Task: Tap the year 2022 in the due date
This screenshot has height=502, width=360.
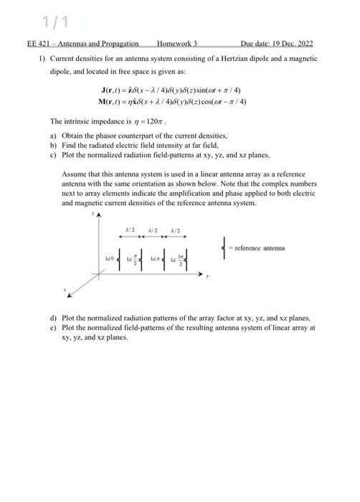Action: (x=304, y=43)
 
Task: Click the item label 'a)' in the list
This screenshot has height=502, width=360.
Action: (x=53, y=135)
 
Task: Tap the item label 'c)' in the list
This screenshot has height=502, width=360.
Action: (x=53, y=154)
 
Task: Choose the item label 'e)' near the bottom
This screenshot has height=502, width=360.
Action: (x=53, y=327)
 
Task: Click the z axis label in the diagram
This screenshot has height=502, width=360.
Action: (x=91, y=214)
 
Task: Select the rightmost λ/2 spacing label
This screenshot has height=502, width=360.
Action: (x=176, y=231)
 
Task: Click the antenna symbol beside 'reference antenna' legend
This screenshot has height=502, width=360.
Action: (x=227, y=249)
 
